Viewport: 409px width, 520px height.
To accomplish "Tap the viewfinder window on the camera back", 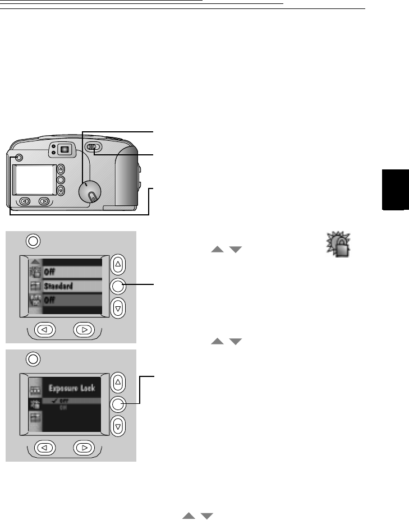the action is tap(65, 149).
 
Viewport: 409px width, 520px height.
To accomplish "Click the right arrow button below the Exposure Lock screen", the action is tap(84, 448).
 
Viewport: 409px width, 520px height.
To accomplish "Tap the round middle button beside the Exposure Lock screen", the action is tap(117, 404).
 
